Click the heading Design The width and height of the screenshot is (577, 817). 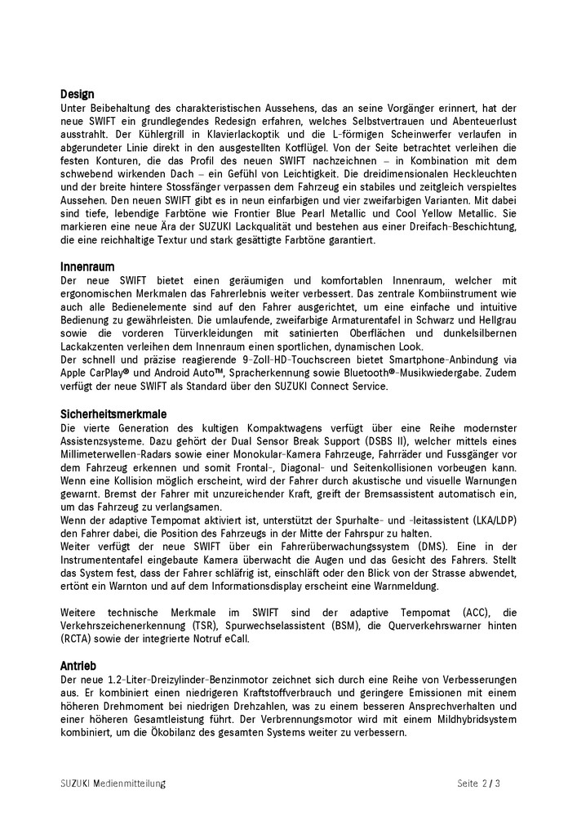[x=77, y=94]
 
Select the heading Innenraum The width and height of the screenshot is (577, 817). [x=87, y=266]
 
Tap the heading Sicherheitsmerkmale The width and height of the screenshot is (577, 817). [x=113, y=414]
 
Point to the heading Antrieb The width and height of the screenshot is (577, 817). [x=78, y=665]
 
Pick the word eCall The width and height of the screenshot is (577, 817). [x=255, y=639]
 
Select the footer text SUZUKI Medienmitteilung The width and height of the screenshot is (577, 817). [x=113, y=783]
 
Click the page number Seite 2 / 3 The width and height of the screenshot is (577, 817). [x=478, y=783]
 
